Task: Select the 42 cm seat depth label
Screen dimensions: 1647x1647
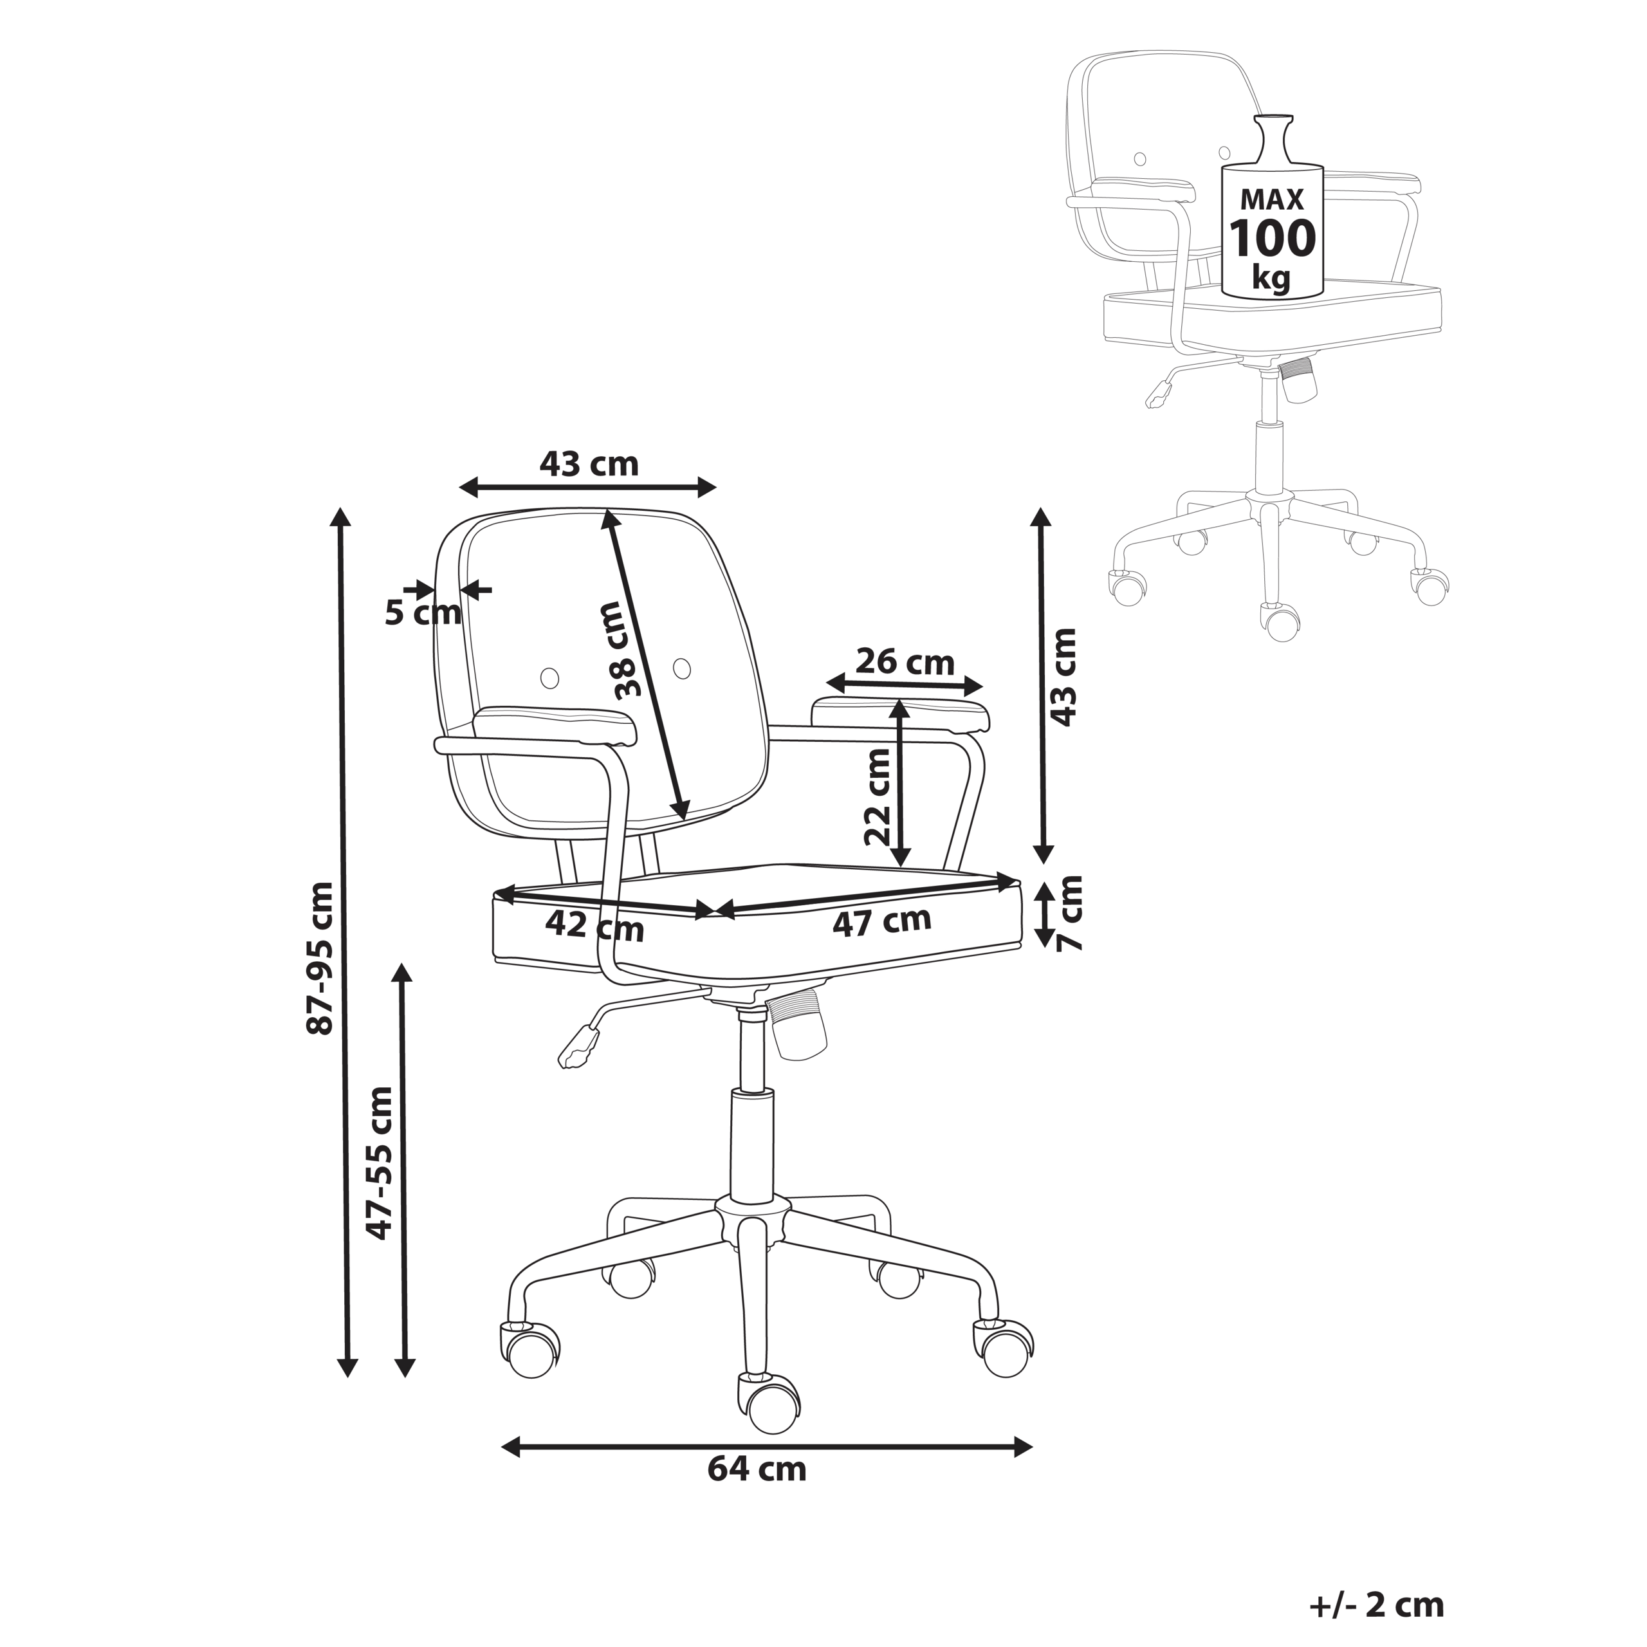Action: point(594,926)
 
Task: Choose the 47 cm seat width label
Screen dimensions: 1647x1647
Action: point(881,921)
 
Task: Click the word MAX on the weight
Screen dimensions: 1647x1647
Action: point(1272,199)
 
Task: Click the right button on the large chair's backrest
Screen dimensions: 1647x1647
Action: point(682,668)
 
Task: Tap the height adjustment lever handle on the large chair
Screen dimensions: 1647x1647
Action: point(579,1047)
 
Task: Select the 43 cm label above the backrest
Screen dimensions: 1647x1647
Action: point(588,464)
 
